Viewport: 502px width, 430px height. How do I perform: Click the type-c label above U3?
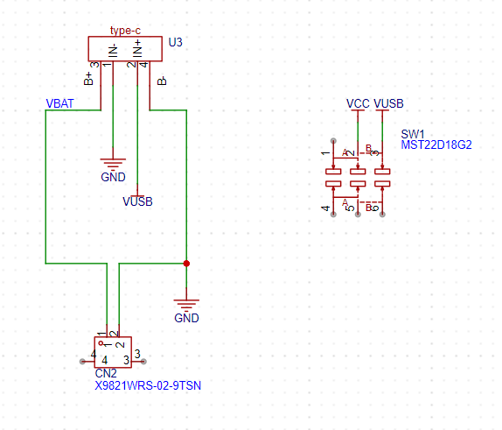125,31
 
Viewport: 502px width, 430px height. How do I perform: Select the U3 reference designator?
176,42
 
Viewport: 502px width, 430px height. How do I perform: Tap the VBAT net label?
59,103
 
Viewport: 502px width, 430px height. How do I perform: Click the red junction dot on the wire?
186,264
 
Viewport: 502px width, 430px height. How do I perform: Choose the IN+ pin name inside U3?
137,48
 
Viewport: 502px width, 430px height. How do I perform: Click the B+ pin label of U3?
88,79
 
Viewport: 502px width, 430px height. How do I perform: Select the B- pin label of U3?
162,81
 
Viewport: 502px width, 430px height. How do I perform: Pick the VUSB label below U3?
137,201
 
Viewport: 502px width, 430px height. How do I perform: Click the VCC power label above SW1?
358,103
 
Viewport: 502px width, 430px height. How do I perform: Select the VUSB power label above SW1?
388,103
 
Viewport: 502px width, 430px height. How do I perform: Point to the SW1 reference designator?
413,134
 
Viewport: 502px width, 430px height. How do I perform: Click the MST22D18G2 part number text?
436,145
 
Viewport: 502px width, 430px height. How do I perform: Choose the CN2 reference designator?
106,374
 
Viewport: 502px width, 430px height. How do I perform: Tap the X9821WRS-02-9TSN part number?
148,385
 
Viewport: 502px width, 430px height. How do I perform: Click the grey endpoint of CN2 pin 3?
143,362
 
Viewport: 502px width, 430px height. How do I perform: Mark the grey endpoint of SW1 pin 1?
333,141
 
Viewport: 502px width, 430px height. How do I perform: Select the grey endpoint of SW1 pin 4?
333,215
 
